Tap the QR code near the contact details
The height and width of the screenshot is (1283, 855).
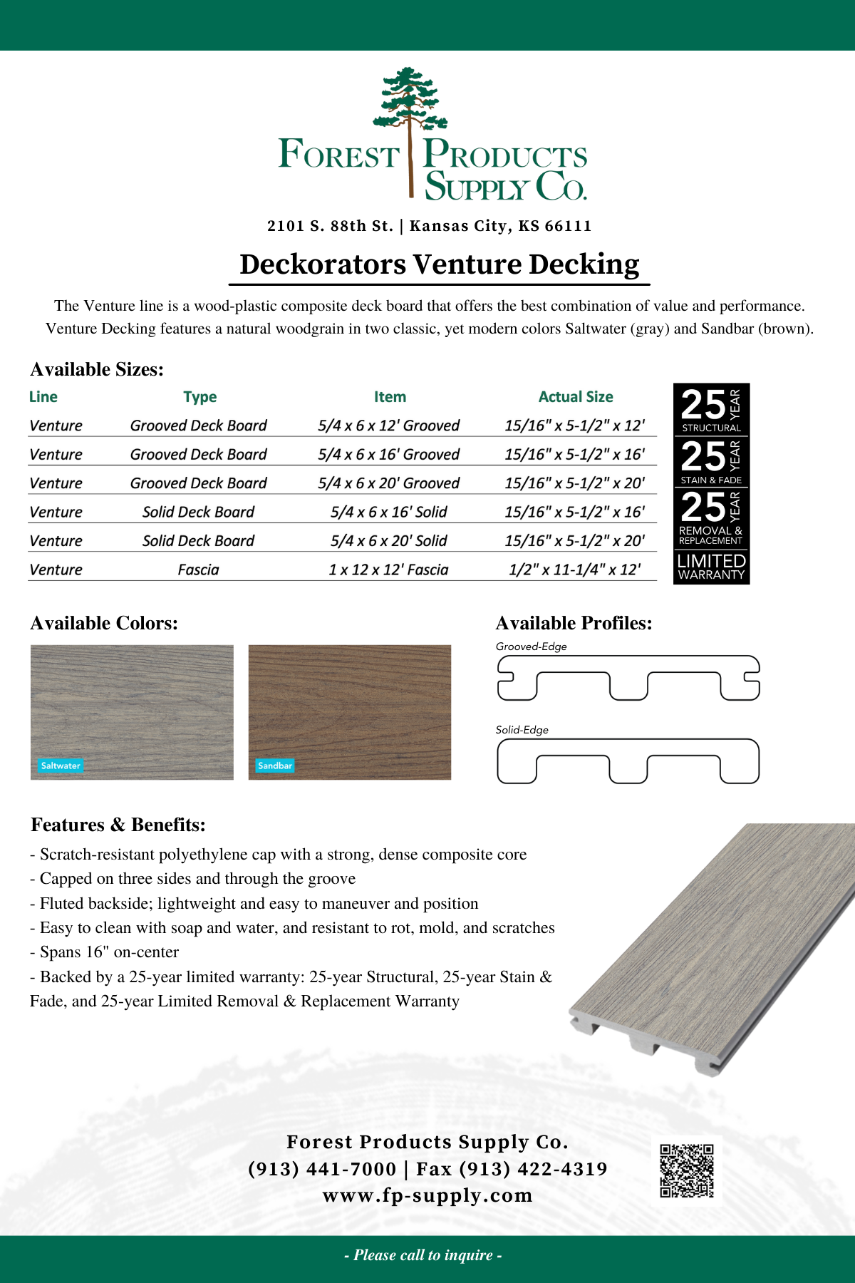coord(686,1170)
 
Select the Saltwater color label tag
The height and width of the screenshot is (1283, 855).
coord(61,766)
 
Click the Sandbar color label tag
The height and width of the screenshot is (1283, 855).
coord(275,766)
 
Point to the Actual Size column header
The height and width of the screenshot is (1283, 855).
coord(576,397)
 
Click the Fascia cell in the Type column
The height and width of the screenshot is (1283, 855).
coord(198,570)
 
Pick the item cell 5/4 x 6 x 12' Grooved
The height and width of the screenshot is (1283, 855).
coord(389,426)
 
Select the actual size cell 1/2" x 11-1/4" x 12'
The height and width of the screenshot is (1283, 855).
coord(574,570)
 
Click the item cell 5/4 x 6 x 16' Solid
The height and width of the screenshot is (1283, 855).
coord(389,512)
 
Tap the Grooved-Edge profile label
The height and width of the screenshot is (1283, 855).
coord(532,646)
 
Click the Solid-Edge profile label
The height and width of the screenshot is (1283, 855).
coord(522,730)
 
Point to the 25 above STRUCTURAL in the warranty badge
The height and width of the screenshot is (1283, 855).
coord(703,405)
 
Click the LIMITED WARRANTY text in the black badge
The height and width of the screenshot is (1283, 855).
coord(711,567)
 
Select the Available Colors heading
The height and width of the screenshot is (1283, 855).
coord(104,623)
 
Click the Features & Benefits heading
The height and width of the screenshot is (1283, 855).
coord(118,825)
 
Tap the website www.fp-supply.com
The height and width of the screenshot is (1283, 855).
coord(427,1195)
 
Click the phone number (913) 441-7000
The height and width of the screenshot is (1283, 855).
coord(322,1169)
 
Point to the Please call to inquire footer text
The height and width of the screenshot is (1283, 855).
coord(423,1255)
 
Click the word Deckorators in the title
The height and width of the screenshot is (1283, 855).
coord(323,264)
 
